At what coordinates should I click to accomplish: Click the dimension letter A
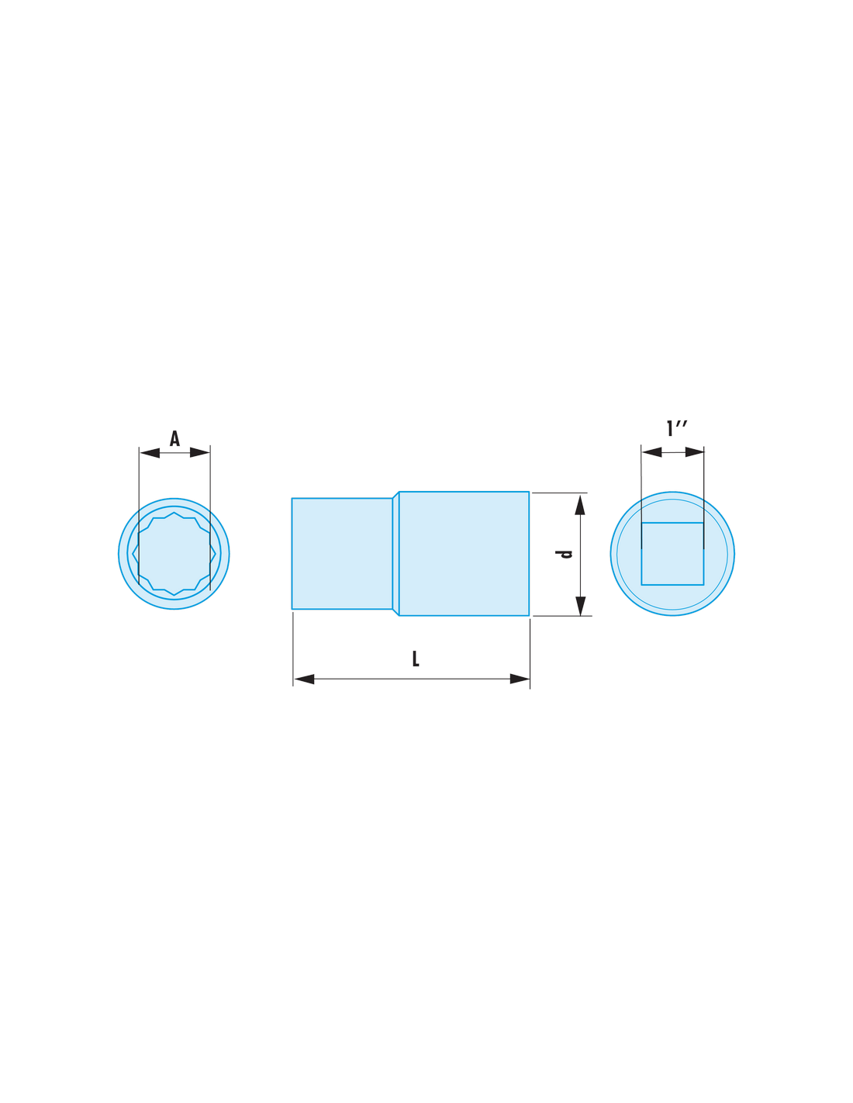pos(174,438)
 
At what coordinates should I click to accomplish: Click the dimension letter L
pos(416,659)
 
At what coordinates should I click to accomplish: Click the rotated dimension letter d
pos(564,554)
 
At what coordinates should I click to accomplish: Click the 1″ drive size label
pos(677,428)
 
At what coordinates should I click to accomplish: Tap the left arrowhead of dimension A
pos(150,453)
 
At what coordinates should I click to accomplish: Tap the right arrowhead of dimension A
pos(199,452)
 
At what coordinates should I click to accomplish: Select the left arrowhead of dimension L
pos(304,679)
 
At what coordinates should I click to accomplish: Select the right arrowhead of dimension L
pos(520,679)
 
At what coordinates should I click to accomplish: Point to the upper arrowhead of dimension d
pos(580,505)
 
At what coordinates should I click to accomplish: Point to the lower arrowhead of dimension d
pos(581,606)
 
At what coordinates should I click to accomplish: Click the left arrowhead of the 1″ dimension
pos(652,452)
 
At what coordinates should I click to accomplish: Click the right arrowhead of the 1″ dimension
pos(694,451)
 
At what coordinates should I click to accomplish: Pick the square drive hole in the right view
pos(672,554)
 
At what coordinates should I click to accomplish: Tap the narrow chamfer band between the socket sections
pos(395,554)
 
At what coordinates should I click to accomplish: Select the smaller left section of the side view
pos(342,554)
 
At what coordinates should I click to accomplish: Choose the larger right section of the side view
pos(464,554)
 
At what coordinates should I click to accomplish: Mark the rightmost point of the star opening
pos(216,554)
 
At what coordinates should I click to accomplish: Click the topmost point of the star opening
pos(174,512)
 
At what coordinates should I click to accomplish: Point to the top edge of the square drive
pos(672,523)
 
